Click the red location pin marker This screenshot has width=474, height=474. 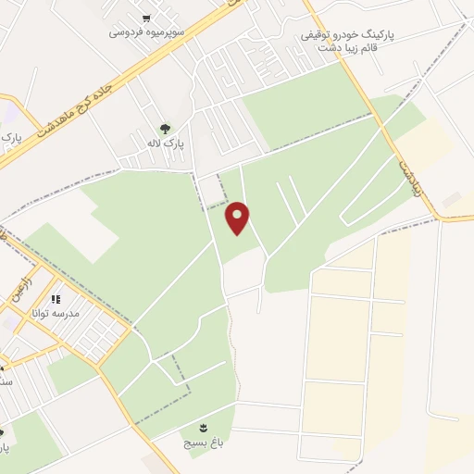(238, 218)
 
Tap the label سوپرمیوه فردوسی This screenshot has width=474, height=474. (148, 31)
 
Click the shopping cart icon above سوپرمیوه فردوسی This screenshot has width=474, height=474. (147, 18)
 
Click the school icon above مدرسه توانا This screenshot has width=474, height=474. (55, 299)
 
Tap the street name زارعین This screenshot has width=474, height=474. (25, 278)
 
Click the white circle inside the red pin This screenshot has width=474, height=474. (238, 214)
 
